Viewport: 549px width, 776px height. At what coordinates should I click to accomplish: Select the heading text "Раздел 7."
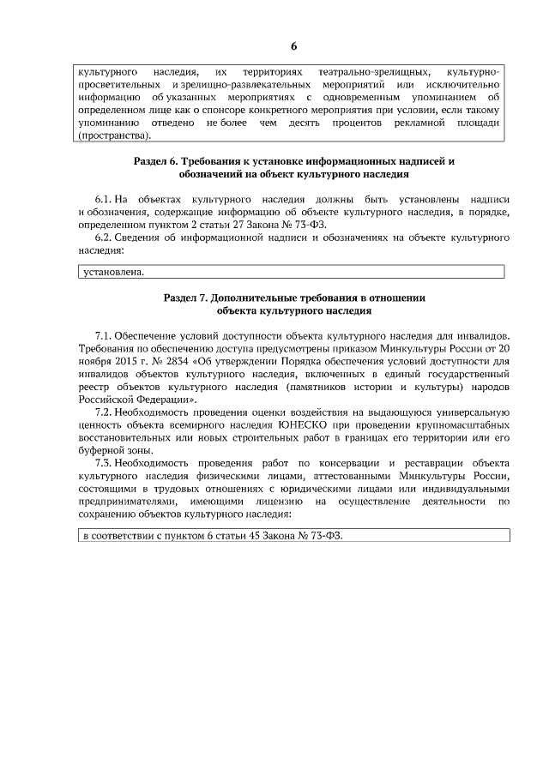186,298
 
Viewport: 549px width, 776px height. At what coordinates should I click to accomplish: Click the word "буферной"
100,449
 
